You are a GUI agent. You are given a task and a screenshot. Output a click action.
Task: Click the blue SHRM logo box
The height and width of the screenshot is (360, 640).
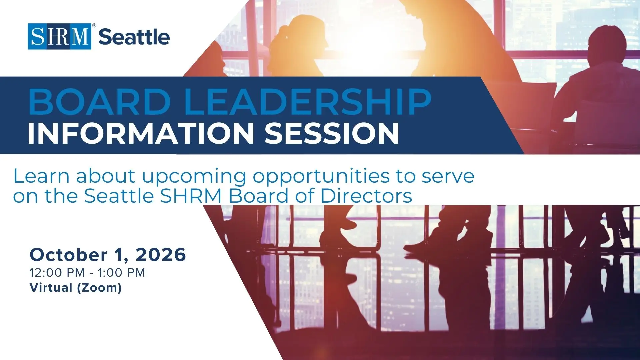click(x=59, y=36)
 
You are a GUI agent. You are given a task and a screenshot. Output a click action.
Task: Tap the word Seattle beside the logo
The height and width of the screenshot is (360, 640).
click(x=134, y=37)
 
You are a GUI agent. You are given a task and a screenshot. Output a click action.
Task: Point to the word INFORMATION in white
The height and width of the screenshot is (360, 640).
click(x=141, y=133)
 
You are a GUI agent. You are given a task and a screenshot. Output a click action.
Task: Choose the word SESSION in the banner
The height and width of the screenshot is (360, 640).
click(x=332, y=133)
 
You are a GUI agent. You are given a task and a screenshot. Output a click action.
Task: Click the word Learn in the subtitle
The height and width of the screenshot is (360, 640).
click(x=41, y=176)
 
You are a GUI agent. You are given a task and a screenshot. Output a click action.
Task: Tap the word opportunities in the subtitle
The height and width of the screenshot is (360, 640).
click(x=321, y=177)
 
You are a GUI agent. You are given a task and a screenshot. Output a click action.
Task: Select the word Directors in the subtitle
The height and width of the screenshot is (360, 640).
click(x=366, y=196)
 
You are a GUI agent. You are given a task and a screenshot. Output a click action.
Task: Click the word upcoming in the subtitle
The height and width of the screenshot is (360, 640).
click(x=194, y=178)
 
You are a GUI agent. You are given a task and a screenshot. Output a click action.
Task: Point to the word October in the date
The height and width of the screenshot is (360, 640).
click(x=69, y=255)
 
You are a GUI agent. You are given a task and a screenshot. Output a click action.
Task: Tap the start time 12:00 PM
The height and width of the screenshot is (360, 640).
click(x=57, y=273)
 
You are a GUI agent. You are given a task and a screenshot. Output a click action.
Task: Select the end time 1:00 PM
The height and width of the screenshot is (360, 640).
click(x=121, y=273)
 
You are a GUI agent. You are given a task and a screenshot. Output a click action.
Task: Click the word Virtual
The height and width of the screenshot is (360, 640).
click(x=51, y=287)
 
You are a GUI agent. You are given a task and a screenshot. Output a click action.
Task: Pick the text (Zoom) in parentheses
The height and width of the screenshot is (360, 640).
click(x=99, y=288)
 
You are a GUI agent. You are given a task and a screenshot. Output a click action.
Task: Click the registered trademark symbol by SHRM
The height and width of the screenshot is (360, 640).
click(x=94, y=25)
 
